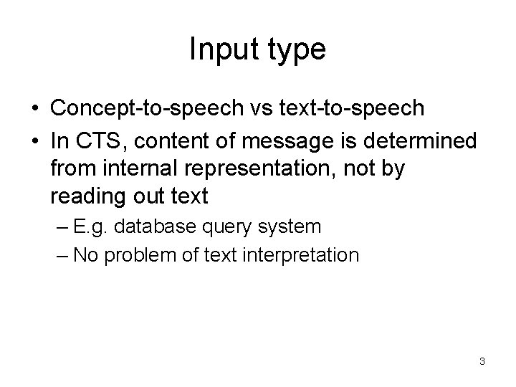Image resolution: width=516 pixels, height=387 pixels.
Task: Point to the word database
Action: point(153,227)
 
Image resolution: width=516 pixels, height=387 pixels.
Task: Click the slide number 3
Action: point(482,362)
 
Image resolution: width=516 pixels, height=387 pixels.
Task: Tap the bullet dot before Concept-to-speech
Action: point(35,110)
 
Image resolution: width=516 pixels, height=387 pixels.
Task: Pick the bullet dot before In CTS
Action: point(35,142)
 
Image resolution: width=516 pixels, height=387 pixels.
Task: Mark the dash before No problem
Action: point(60,254)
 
